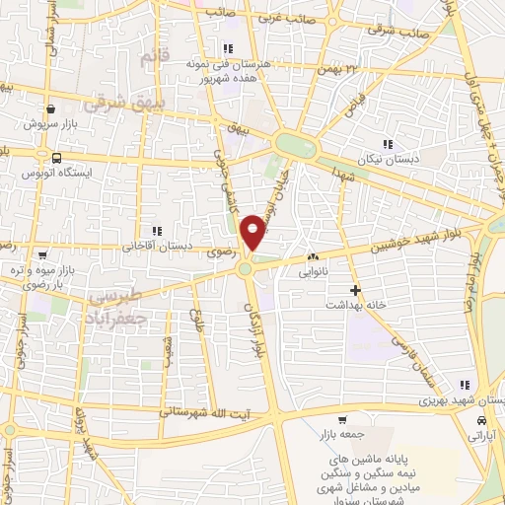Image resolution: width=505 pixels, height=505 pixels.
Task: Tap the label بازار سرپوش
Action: coord(49,125)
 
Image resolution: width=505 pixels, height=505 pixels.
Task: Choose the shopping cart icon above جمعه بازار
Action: coord(341,418)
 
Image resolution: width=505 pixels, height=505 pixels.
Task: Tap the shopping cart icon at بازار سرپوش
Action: coord(49,108)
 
